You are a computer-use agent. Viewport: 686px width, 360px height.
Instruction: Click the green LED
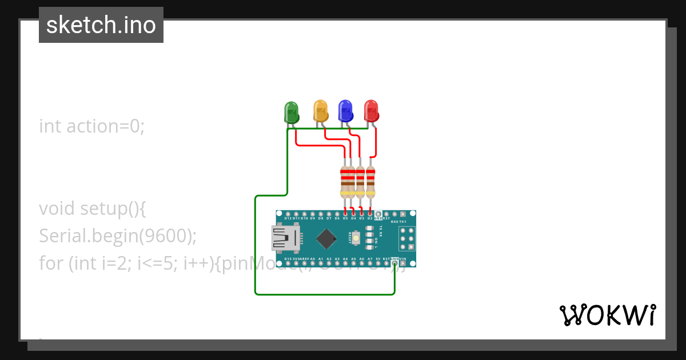tap(292, 112)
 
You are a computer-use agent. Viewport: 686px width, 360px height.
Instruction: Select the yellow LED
tap(321, 111)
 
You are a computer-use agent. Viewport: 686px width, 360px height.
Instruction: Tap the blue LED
tap(345, 111)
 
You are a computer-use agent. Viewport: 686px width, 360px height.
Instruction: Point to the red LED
tap(372, 111)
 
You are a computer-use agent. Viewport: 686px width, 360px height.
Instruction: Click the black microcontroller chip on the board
tap(326, 239)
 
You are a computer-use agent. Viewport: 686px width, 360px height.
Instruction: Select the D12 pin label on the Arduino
tap(288, 218)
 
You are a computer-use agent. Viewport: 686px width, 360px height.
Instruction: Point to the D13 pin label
tap(288, 259)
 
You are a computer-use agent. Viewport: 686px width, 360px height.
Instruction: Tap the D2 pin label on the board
tap(370, 218)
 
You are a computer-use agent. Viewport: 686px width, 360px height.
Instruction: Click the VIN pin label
tap(403, 259)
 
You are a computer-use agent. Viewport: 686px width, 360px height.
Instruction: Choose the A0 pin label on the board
tap(312, 259)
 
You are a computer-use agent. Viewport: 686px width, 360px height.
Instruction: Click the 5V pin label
tap(378, 259)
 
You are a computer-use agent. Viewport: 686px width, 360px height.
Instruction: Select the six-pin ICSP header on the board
tap(406, 238)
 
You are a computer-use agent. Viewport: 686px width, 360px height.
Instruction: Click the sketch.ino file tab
tap(101, 25)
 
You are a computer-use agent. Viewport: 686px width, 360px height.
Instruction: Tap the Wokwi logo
tap(607, 315)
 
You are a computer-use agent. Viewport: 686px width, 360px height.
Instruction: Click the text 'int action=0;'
tap(92, 126)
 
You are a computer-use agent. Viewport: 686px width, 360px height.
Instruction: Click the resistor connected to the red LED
tap(370, 182)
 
